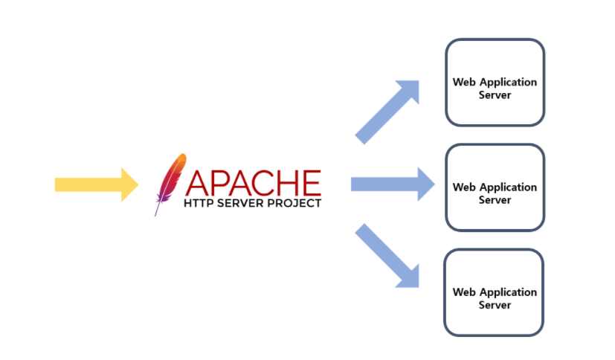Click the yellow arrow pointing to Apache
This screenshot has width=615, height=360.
[97, 184]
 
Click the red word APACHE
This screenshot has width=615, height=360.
[254, 183]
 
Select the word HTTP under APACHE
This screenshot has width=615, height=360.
[199, 203]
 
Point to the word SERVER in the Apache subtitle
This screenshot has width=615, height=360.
[240, 203]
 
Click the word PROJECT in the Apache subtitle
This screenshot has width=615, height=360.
[294, 203]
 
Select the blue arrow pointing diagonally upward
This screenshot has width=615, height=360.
[387, 112]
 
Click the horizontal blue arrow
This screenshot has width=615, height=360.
[393, 184]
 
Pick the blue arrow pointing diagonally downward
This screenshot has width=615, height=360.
[387, 256]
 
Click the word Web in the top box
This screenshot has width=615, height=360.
[464, 82]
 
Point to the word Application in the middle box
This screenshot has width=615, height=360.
[509, 188]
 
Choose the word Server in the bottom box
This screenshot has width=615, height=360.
[495, 305]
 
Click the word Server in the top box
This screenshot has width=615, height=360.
[495, 95]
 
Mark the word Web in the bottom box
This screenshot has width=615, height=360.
[464, 292]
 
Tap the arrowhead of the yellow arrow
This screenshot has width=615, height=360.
[129, 184]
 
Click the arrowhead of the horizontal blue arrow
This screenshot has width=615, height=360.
[426, 184]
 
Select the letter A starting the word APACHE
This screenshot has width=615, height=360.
[197, 183]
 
